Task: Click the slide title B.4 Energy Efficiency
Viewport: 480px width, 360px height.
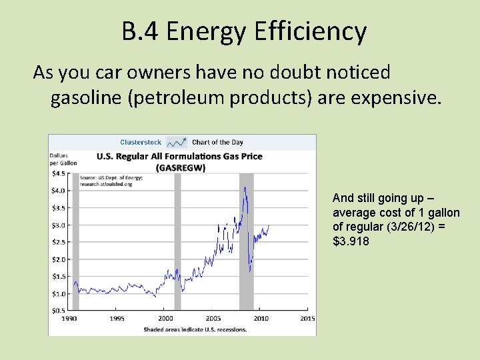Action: (244, 31)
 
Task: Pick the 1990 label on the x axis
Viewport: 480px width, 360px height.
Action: (69, 319)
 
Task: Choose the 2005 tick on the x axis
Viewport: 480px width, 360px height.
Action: (213, 319)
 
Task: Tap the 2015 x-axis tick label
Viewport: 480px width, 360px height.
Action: (307, 319)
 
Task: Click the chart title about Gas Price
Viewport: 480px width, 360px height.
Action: (180, 157)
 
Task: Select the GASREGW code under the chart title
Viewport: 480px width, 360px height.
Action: (180, 167)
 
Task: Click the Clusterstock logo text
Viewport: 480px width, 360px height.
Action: (141, 142)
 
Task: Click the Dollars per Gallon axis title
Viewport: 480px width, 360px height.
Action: (63, 159)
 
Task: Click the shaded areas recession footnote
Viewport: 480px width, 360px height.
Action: (195, 329)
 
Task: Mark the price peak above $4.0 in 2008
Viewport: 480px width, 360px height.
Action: (245, 188)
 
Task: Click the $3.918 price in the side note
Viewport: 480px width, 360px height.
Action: (351, 241)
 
